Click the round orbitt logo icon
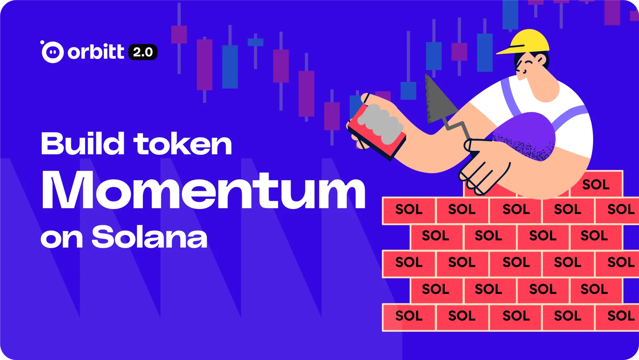pyautogui.click(x=53, y=52)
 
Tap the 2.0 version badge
pyautogui.click(x=143, y=52)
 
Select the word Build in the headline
pyautogui.click(x=83, y=144)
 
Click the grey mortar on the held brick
pyautogui.click(x=379, y=123)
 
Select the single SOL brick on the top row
pyautogui.click(x=596, y=184)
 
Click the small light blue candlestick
pyautogui.click(x=255, y=42)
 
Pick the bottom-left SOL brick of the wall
pyautogui.click(x=409, y=316)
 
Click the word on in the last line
pyautogui.click(x=61, y=238)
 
